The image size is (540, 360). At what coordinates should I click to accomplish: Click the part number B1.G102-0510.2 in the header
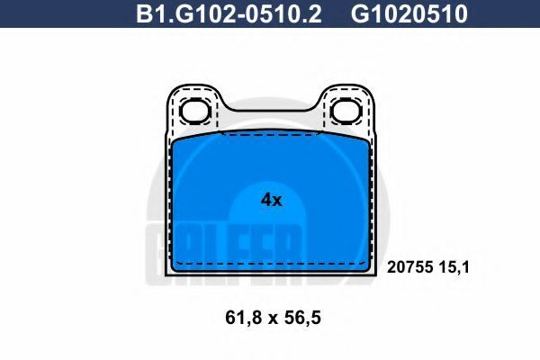coord(229,13)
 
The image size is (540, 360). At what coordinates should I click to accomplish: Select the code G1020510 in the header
coord(409,13)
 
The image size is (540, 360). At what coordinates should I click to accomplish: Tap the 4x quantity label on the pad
coord(272,200)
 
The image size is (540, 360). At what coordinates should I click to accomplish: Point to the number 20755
coord(409,267)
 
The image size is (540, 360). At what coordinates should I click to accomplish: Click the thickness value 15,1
coord(454,267)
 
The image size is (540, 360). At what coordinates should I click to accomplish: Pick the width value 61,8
coord(242,318)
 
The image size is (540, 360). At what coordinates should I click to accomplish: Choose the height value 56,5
coord(303,318)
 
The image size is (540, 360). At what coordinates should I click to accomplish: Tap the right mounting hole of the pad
coord(346,112)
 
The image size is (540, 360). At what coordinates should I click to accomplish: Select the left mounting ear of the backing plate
coord(193,109)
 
